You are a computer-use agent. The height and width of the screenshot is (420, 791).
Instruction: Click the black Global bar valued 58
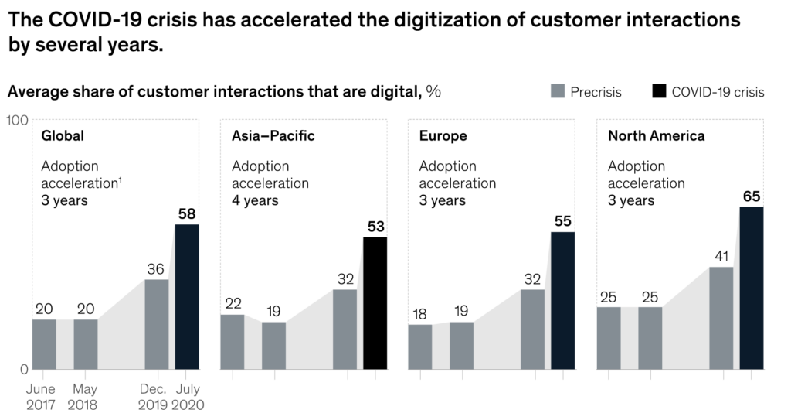coord(187,296)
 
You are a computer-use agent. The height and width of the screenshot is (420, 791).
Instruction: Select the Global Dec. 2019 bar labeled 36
coord(157,324)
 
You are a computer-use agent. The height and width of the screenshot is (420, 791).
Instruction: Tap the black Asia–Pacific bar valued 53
coord(375,302)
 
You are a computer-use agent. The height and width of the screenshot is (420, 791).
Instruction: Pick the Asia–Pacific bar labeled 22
coord(233,341)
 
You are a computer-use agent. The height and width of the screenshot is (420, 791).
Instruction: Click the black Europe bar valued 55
coord(562,300)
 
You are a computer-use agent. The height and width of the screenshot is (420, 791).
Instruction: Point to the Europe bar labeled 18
coord(420,347)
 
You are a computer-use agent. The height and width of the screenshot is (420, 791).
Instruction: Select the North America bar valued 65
coord(751,288)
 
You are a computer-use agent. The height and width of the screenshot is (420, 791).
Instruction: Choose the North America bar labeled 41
coord(721,318)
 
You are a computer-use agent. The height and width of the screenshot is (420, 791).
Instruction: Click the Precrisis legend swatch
coord(558,92)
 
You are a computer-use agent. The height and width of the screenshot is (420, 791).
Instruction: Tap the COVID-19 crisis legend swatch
coord(658,92)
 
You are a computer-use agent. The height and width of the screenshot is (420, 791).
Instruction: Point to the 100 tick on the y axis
coord(18,121)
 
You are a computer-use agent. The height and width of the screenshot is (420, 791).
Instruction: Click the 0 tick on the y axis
coord(23,369)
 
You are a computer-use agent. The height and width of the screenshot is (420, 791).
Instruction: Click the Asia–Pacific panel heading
coord(273,136)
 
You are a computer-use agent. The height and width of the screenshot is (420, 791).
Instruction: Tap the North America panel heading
coord(656,136)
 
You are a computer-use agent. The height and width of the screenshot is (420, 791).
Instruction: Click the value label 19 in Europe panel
coord(461,311)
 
